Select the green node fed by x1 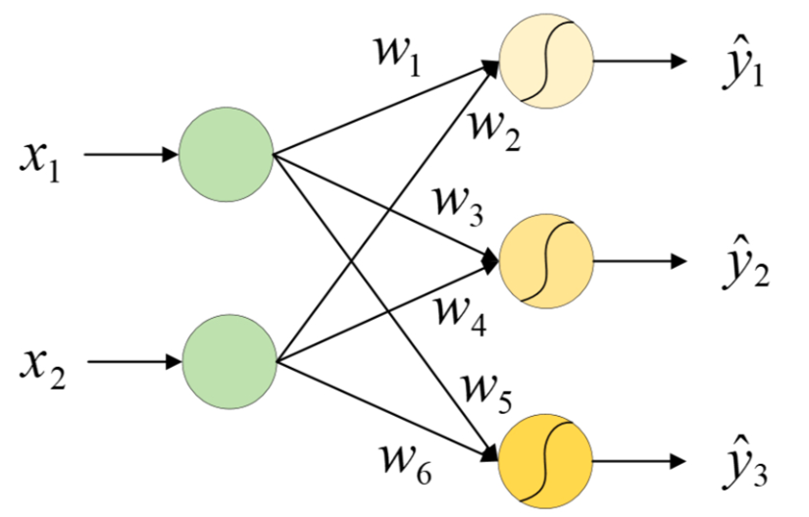point(226,156)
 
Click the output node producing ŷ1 point(546,61)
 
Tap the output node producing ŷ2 point(546,262)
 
